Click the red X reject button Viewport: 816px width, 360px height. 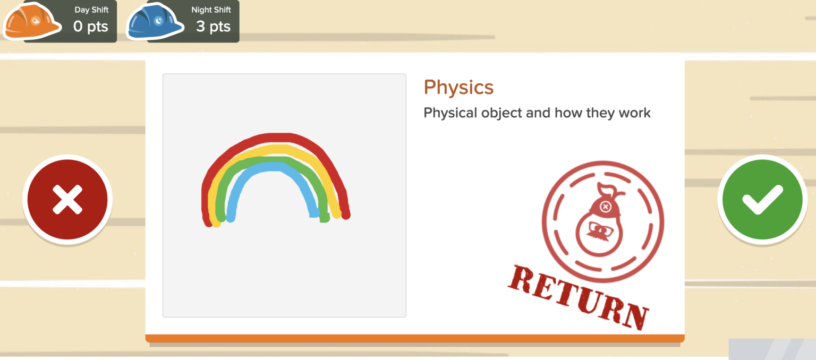coord(67,200)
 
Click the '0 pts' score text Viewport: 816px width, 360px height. coord(91,26)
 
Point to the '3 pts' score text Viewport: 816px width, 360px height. coord(213,26)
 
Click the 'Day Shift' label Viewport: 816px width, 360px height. coord(91,10)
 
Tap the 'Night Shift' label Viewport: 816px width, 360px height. coord(211,10)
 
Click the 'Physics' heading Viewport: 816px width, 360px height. coord(458,88)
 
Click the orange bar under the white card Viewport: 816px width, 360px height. coord(414,338)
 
